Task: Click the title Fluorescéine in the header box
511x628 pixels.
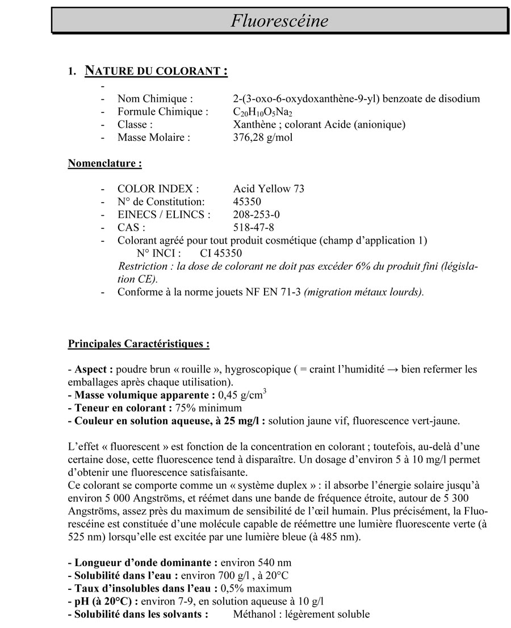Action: (279, 21)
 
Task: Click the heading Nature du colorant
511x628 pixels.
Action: (156, 72)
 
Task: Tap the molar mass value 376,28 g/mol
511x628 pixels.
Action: (263, 137)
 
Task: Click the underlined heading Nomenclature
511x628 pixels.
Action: (104, 164)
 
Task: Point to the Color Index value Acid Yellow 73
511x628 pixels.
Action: (269, 189)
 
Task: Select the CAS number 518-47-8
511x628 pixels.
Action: (253, 228)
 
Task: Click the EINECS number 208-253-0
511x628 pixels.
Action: (256, 215)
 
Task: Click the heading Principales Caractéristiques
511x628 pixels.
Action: (139, 344)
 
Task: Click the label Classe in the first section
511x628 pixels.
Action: (135, 124)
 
